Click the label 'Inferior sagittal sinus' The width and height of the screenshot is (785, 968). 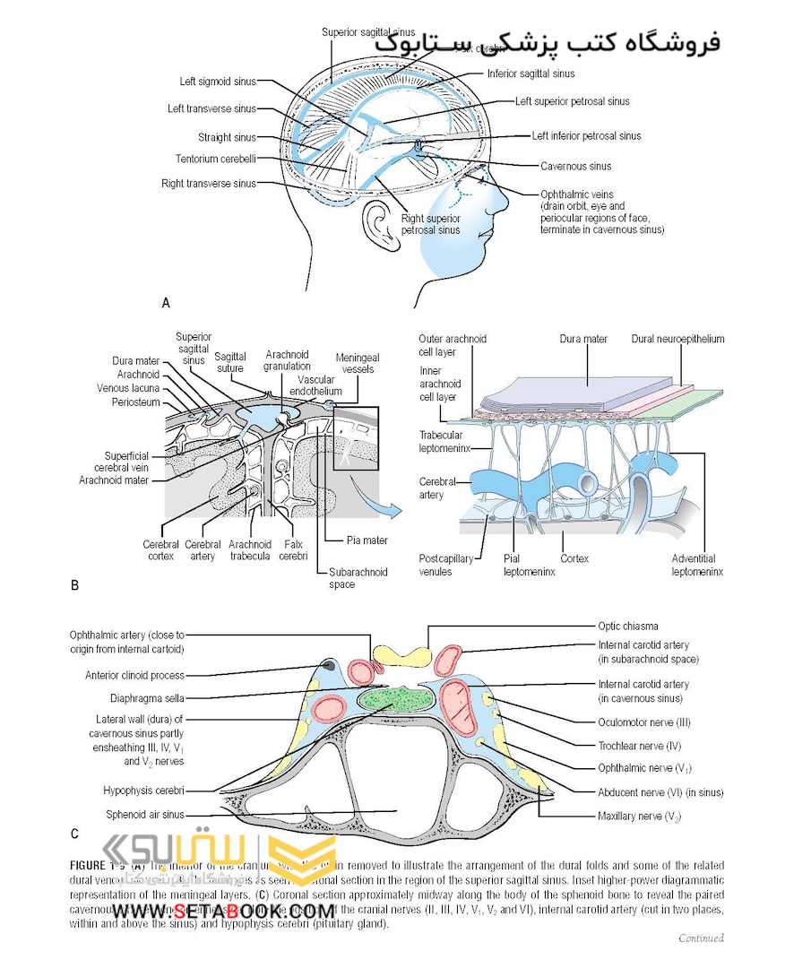coord(531,73)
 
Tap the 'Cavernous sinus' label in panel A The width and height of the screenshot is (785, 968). coord(575,166)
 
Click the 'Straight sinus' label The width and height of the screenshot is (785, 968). coord(227,137)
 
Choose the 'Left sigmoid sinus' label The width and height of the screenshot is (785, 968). coord(218,82)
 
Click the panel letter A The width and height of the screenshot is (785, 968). coord(166,303)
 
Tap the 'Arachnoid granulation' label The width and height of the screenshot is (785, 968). coord(287,360)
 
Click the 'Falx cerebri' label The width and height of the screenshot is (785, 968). coord(293,549)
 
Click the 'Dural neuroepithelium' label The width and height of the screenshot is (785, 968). coord(677,340)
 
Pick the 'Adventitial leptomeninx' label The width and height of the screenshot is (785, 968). coord(696,565)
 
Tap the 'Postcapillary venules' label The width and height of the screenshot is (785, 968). coord(445,565)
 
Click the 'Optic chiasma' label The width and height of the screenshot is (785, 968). coord(628,627)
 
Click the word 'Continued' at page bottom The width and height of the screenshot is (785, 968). coord(701,938)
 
